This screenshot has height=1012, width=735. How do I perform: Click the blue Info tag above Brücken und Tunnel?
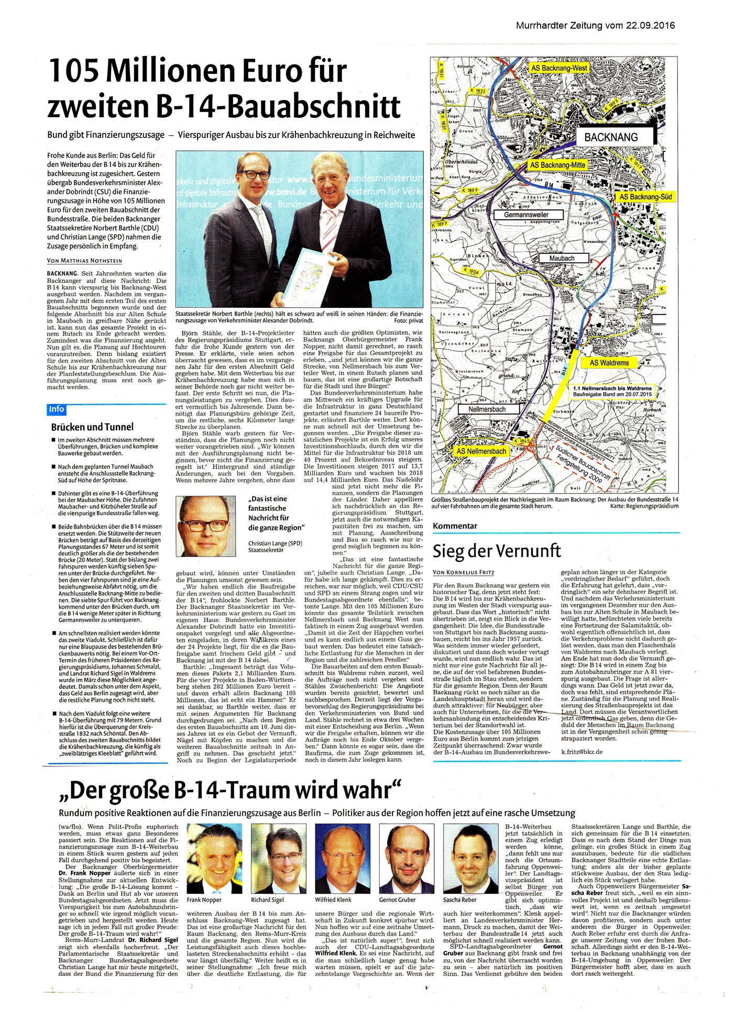pos(57,409)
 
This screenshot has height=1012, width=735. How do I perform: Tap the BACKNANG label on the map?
pos(611,137)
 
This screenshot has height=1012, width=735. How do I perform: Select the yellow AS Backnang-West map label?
pos(559,68)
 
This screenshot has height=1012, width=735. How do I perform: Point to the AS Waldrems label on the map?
pos(609,362)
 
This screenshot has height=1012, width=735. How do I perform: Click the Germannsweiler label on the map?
pos(526,215)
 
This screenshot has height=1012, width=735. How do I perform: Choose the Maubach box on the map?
pos(562,258)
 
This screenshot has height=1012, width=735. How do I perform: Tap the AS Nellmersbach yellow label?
pos(481,451)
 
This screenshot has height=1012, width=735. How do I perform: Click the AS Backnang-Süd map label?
pos(645,197)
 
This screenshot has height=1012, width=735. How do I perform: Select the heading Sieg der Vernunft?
pos(497,551)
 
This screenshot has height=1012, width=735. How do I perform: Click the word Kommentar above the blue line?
pos(455,526)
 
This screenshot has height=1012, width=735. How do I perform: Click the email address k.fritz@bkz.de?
pos(582,751)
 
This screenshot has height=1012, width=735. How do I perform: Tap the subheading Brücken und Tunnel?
pos(92,427)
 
